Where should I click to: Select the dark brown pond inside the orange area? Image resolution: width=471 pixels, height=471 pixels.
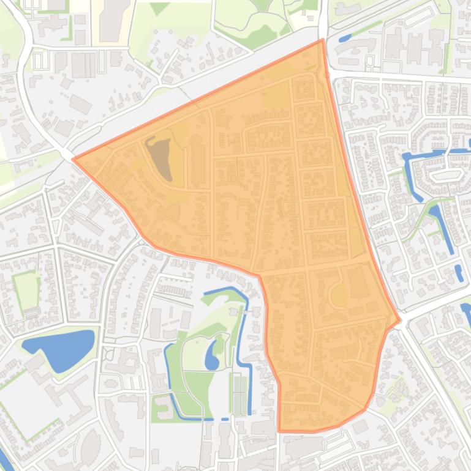coord(160,158)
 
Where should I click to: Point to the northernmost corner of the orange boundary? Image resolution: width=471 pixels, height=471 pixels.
coord(322,40)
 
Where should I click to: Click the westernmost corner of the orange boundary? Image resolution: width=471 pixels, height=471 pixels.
coord(73,159)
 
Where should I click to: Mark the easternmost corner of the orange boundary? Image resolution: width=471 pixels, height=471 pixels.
coord(400,320)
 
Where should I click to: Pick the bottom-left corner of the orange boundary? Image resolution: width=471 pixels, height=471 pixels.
coord(279,431)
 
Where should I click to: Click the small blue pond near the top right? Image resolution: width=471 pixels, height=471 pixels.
coord(345,38)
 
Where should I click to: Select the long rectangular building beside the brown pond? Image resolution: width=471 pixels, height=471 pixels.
coord(197,162)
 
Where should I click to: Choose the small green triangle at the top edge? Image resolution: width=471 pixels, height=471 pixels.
coord(159,8)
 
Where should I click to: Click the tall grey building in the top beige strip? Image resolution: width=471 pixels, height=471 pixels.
coord(111,18)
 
